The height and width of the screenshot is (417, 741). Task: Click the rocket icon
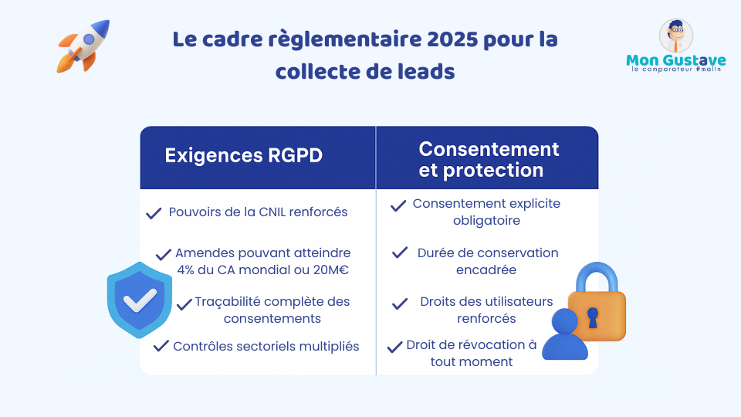point(83,46)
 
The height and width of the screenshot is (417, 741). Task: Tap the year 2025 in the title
point(452,39)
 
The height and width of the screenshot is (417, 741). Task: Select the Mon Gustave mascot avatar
point(676,36)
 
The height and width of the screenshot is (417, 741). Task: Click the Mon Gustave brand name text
point(676,60)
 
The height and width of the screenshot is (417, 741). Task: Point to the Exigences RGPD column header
point(243,155)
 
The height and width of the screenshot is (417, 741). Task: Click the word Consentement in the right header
point(489,149)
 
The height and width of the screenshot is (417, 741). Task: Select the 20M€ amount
point(331,270)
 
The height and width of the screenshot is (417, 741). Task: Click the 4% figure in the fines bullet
point(186,270)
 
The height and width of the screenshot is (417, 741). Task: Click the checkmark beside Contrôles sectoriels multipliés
point(161,346)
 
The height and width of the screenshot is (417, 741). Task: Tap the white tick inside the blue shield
point(140,300)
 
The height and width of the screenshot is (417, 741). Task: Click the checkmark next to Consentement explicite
point(398,205)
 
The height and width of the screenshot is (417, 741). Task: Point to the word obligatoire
point(486,221)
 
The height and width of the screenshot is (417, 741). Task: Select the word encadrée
point(486,270)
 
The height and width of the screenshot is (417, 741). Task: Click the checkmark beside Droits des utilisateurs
point(400,303)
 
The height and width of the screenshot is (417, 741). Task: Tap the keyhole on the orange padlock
point(593,317)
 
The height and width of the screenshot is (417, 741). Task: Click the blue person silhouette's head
point(565,321)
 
